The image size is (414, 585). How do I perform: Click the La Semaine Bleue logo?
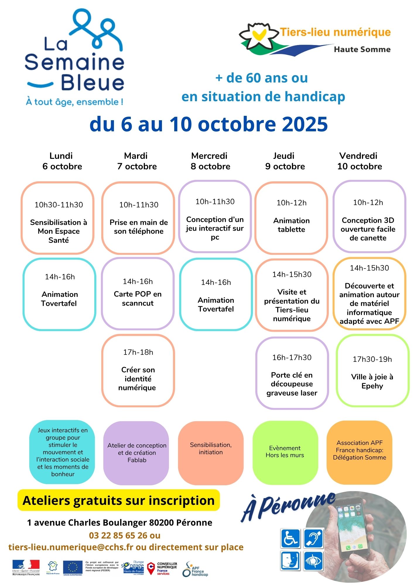point(75,58)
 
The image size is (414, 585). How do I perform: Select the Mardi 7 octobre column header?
point(137,161)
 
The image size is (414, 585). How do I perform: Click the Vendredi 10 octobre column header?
point(359,161)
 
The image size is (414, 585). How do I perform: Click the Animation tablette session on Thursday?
point(291,218)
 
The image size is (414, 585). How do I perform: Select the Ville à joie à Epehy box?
point(372,371)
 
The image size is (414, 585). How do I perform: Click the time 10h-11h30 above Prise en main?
point(138,205)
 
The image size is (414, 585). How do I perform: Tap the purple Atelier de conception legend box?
point(136,452)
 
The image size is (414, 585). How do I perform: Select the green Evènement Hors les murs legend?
point(285,452)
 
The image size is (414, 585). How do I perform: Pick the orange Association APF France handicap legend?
point(359,450)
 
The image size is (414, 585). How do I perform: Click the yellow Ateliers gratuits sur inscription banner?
point(119,500)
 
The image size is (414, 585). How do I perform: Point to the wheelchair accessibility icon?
point(290,538)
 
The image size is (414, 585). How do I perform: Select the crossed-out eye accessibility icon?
point(313,561)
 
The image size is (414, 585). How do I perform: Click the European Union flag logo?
point(73,568)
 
